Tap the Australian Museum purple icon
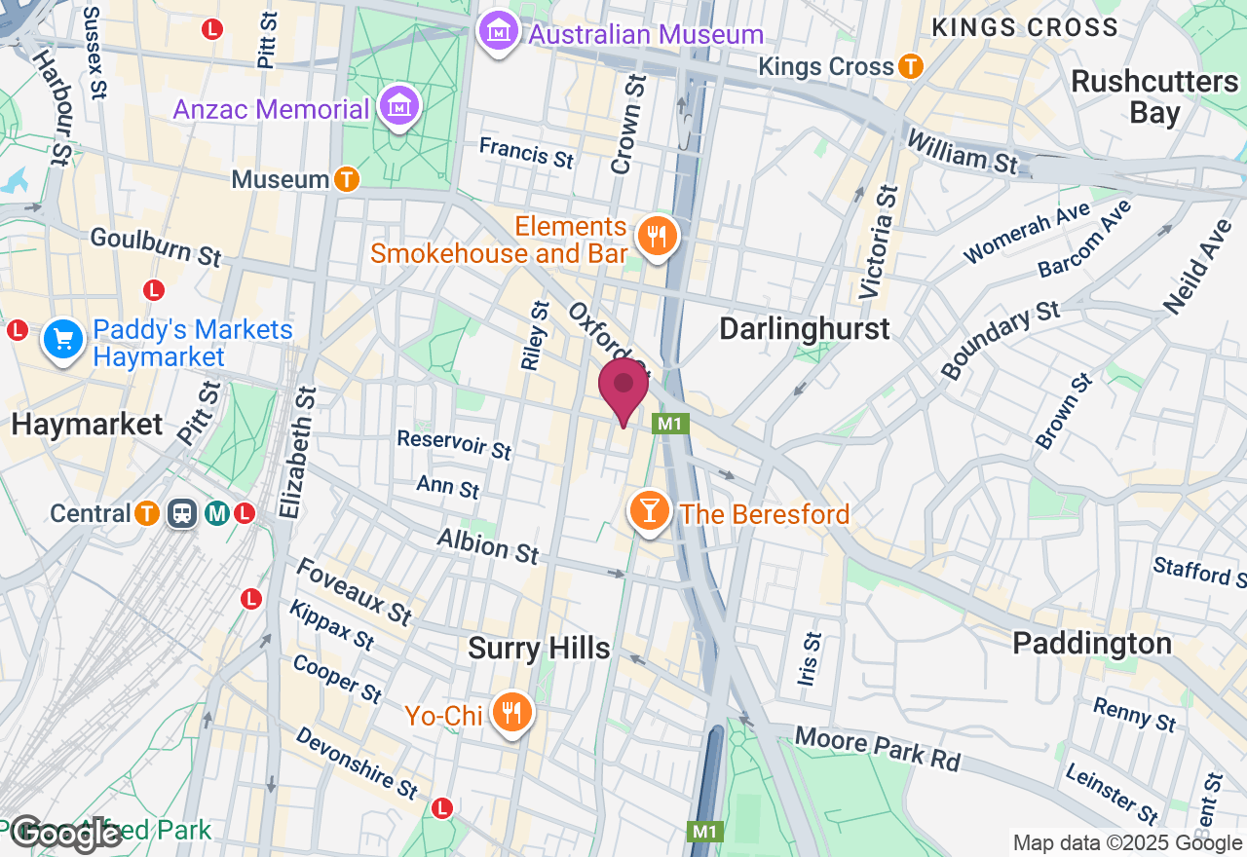499,33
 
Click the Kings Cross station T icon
911,66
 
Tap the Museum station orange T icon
346,179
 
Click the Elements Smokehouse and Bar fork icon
658,236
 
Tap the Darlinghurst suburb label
805,329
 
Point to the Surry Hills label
539,649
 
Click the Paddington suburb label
1092,644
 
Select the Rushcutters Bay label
1154,96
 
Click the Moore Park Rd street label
877,748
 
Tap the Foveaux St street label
354,592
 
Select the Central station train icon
182,513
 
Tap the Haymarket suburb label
88,425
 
